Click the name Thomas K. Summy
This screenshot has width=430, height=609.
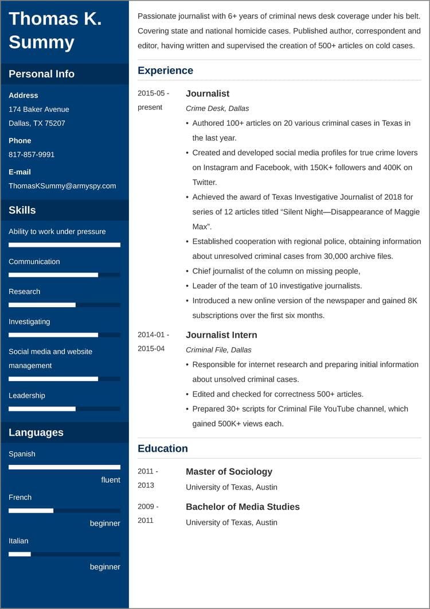pos(55,30)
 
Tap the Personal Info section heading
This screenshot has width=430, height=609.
pos(41,74)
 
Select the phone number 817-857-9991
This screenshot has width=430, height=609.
pos(32,154)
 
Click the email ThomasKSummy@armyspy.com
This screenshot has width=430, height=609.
pos(62,185)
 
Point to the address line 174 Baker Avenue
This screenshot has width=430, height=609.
pos(38,109)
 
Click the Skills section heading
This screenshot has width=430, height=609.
pos(22,210)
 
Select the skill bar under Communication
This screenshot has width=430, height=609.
pos(64,275)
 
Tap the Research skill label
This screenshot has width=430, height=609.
pos(24,292)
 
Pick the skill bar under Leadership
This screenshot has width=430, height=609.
pos(64,409)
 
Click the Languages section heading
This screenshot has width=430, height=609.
pos(36,432)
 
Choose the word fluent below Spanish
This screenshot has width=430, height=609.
pos(111,480)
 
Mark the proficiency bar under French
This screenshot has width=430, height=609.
pos(64,510)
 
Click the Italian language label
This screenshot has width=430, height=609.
pos(18,541)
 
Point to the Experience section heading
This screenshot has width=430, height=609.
pos(165,71)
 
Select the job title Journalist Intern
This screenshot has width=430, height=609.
pos(221,335)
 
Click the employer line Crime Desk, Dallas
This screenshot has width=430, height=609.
pos(217,108)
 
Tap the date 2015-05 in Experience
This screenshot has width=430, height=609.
pos(153,93)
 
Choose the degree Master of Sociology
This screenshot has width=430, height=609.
pos(229,471)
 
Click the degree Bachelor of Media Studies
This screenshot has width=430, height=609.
pos(243,506)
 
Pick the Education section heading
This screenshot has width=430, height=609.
pos(162,448)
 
